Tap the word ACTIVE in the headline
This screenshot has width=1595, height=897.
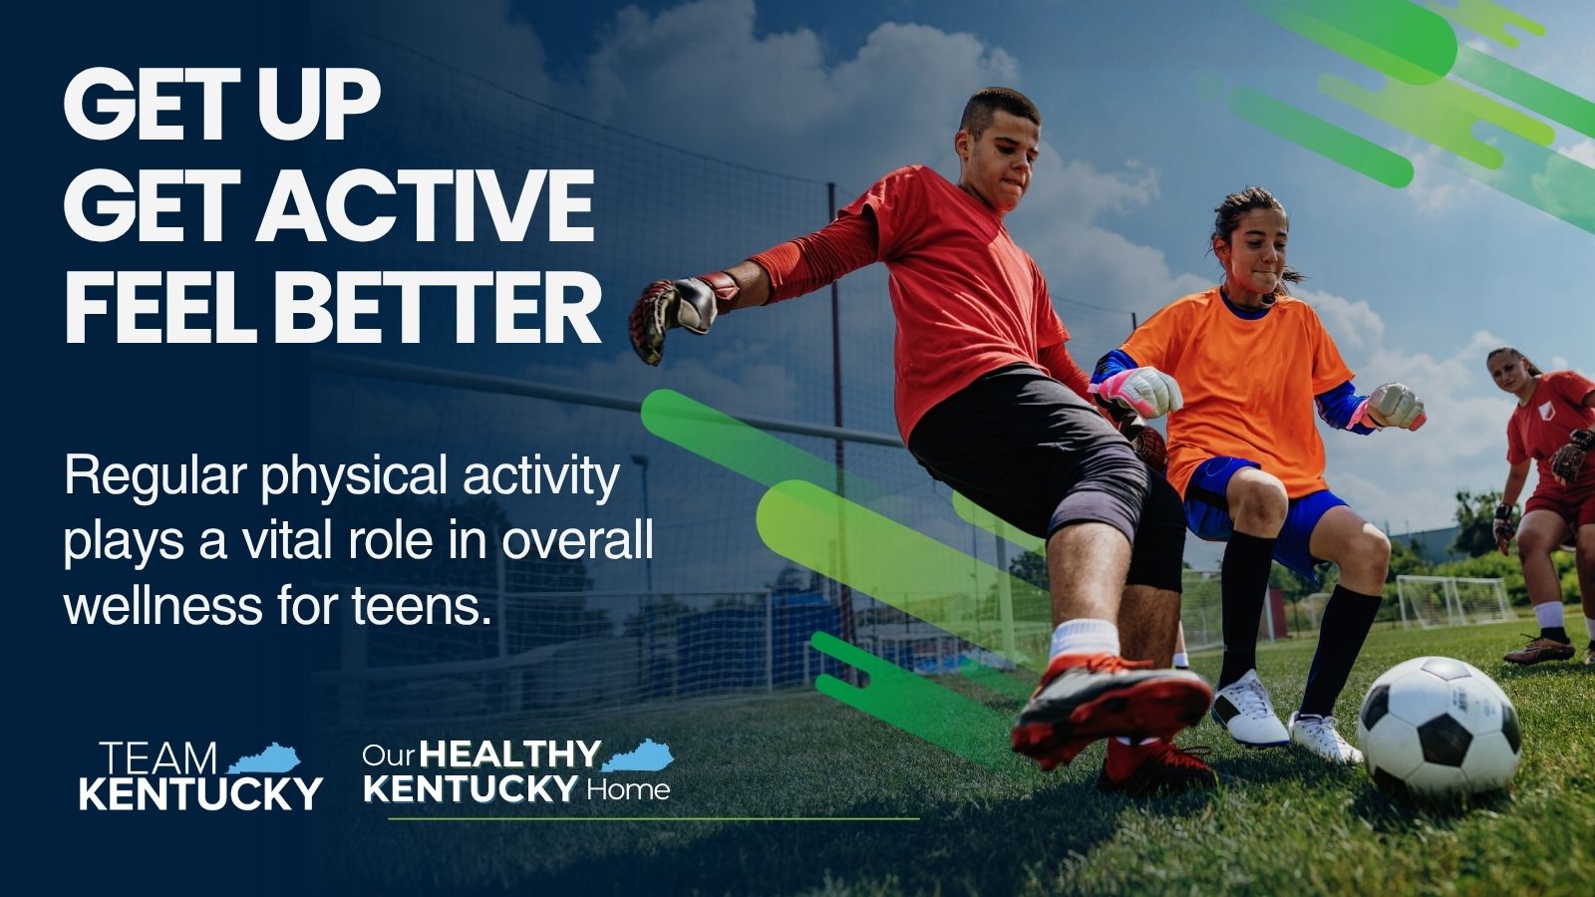pyautogui.click(x=425, y=205)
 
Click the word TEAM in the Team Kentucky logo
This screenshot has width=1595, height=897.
pyautogui.click(x=159, y=758)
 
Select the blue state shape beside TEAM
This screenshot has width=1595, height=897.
pyautogui.click(x=265, y=758)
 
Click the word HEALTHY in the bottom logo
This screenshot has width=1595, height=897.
pyautogui.click(x=509, y=753)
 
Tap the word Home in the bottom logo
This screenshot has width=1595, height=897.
pyautogui.click(x=628, y=790)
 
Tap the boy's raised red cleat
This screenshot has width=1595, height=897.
pyautogui.click(x=1111, y=708)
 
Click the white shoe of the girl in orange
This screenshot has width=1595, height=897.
pyautogui.click(x=1249, y=709)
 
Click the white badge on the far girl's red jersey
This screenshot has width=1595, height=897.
pyautogui.click(x=1544, y=411)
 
